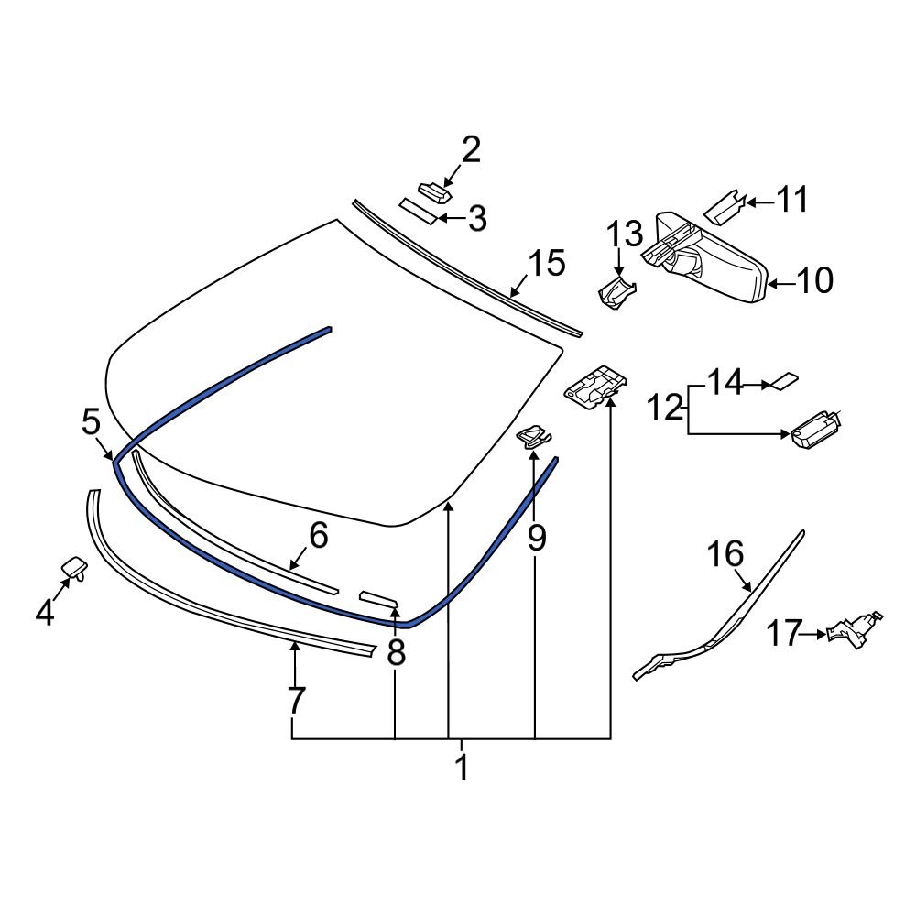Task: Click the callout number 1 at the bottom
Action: [462, 768]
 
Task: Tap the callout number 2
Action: [470, 149]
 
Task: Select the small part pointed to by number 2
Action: [434, 191]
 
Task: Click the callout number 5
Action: [91, 422]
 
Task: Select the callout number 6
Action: [317, 537]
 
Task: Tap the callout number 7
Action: [294, 701]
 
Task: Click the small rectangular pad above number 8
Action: [378, 599]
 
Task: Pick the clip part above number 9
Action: [533, 437]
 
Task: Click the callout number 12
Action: [666, 406]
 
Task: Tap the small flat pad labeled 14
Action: [785, 380]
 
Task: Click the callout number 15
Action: [545, 264]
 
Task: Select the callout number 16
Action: [725, 554]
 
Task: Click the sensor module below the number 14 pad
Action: [812, 429]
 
